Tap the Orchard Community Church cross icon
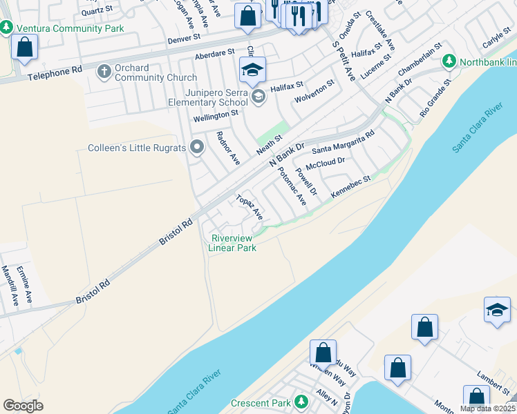[104, 71]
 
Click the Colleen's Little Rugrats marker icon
[197, 146]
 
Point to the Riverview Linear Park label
[234, 243]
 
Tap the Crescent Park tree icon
[301, 402]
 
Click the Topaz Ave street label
[250, 208]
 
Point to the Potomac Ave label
[292, 186]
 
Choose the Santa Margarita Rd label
[343, 141]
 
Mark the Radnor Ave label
[228, 148]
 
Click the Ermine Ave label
[26, 285]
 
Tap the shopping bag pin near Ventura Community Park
[24, 48]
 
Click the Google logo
[23, 406]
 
